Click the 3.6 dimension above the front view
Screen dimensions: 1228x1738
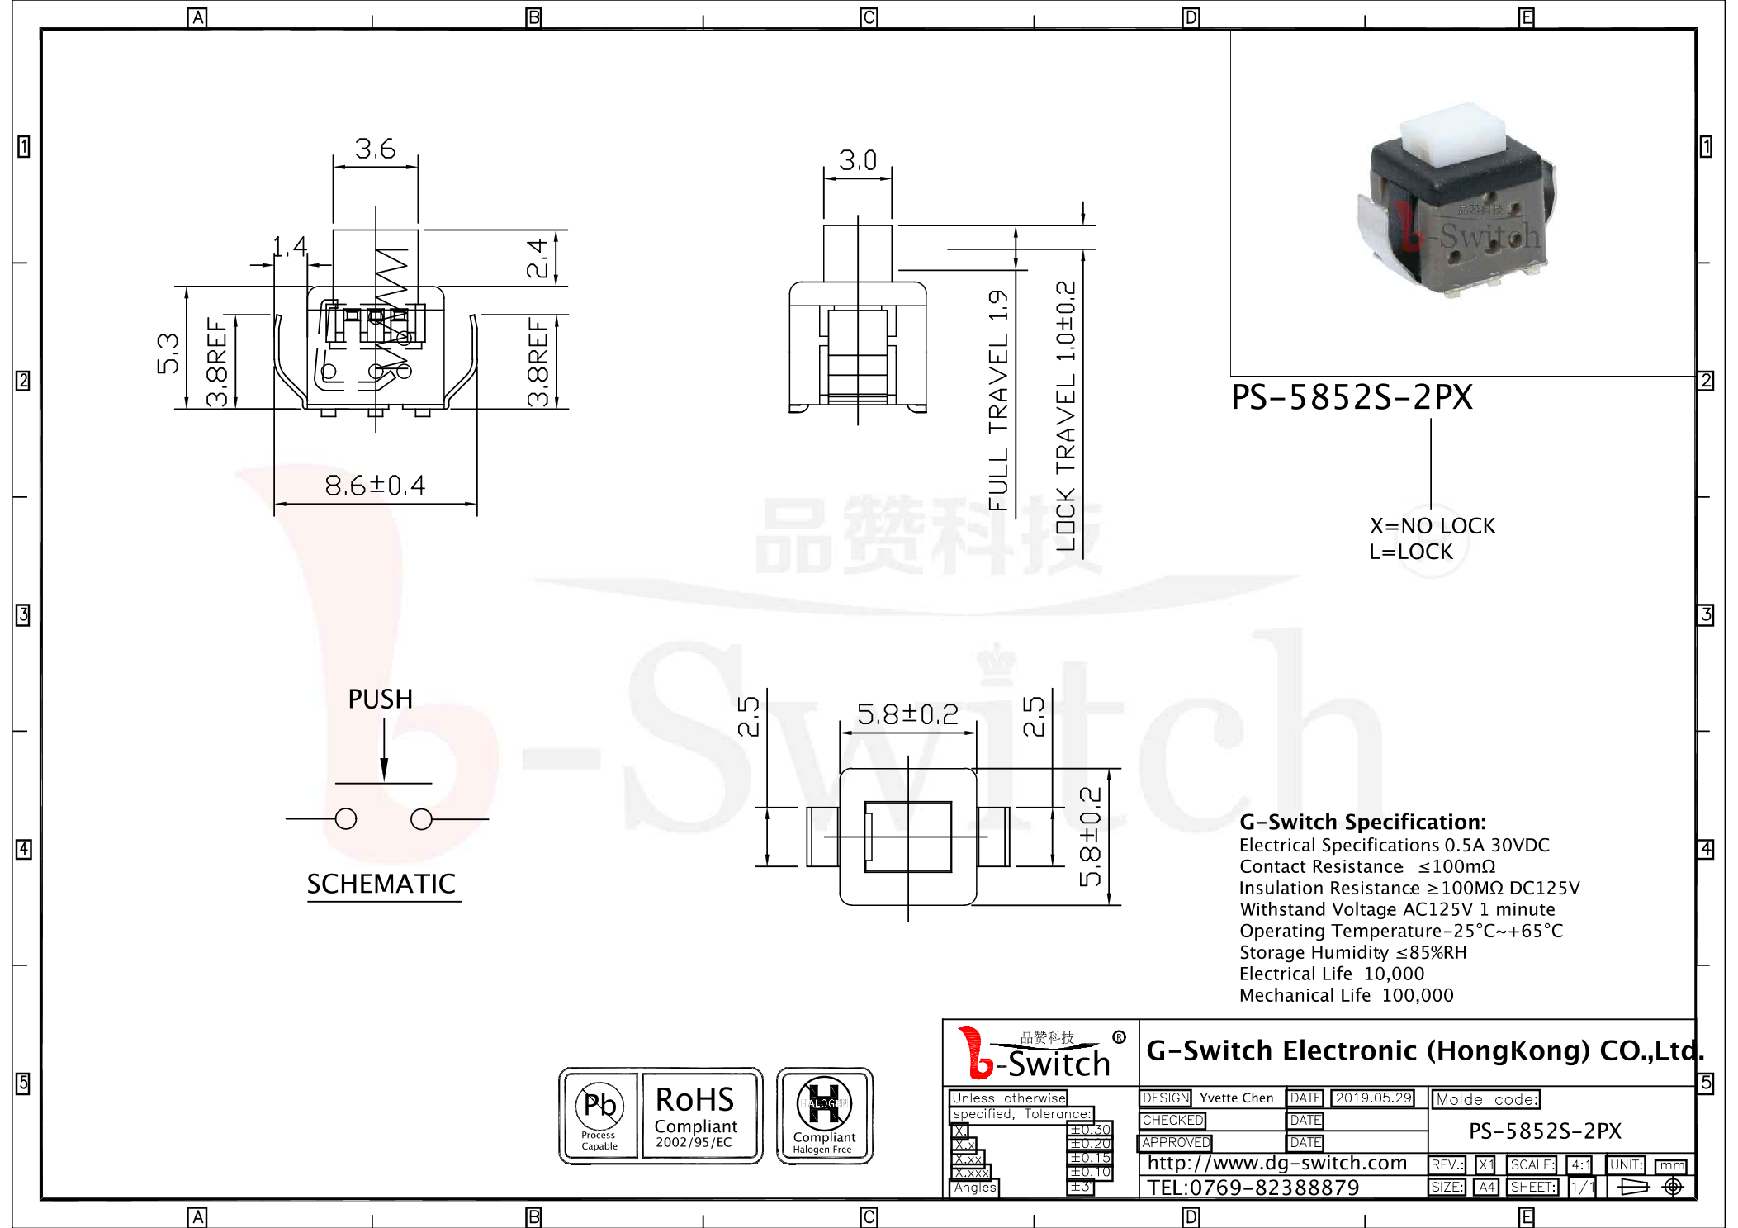pos(375,149)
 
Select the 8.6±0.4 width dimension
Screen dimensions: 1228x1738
pos(375,486)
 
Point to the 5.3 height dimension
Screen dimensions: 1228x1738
pos(168,353)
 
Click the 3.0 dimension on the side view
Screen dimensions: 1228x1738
pos(857,160)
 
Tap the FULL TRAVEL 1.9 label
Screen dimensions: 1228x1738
pos(999,400)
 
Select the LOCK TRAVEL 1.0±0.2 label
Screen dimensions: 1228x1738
pos(1066,415)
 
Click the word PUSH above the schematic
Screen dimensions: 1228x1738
pos(380,699)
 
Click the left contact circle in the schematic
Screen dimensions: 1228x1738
pos(346,819)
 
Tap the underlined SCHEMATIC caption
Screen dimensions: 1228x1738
pos(381,884)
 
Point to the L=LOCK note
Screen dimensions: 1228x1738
pos(1410,552)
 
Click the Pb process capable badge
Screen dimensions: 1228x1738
pos(599,1116)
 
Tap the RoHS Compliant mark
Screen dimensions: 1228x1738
pos(695,1116)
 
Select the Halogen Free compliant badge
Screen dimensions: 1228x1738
pos(824,1116)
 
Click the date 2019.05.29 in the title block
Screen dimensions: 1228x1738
pos(1373,1098)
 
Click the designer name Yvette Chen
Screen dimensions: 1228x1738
pos(1236,1098)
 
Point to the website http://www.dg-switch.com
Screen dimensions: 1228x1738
pos(1276,1164)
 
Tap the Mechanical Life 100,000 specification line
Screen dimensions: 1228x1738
pos(1346,996)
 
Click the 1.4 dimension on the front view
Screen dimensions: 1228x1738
pos(290,246)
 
